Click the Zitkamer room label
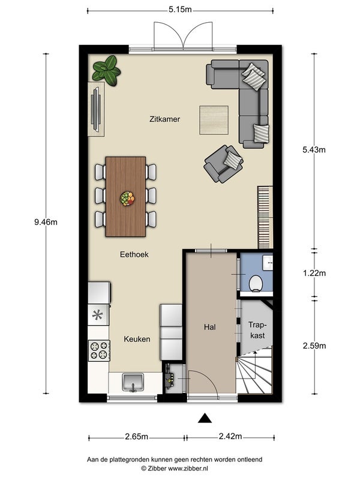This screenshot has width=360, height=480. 164,119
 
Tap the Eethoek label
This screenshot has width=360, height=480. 134,254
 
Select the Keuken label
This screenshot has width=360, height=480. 137,339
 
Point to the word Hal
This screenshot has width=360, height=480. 210,327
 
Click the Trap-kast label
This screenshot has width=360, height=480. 257,330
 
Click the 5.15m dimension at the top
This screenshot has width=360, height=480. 180,10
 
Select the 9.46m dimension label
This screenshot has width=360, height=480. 46,222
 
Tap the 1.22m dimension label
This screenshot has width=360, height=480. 314,273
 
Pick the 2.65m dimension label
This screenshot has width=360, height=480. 137,437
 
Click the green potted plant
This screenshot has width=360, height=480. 107,71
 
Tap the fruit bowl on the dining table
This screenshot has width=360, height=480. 127,199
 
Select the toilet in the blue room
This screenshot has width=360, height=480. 256,284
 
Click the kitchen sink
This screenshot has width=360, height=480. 133,383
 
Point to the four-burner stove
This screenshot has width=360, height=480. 100,350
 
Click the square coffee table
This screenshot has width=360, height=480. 214,120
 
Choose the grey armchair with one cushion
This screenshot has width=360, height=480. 223,164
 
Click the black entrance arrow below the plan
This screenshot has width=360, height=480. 205,418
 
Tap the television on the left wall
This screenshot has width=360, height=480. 96,110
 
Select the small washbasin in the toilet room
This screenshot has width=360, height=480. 268,262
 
